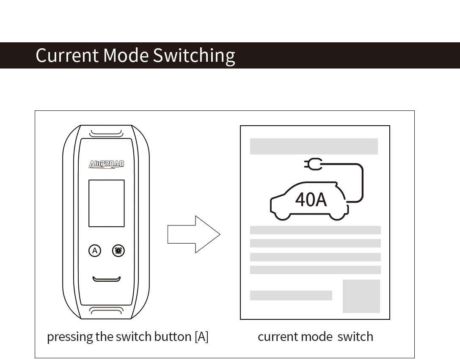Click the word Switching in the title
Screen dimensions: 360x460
pos(194,56)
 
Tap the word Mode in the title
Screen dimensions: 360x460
pos(126,55)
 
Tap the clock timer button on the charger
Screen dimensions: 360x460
pos(118,251)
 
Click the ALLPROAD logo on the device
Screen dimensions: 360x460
pos(106,164)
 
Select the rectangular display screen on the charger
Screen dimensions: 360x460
pos(106,203)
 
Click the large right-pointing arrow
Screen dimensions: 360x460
pos(194,234)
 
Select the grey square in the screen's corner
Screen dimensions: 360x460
pos(361,296)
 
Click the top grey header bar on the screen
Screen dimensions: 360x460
pos(314,146)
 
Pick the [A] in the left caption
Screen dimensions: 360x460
pos(201,337)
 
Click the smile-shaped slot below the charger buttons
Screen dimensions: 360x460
pos(107,279)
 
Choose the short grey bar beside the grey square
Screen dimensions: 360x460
pos(291,295)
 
